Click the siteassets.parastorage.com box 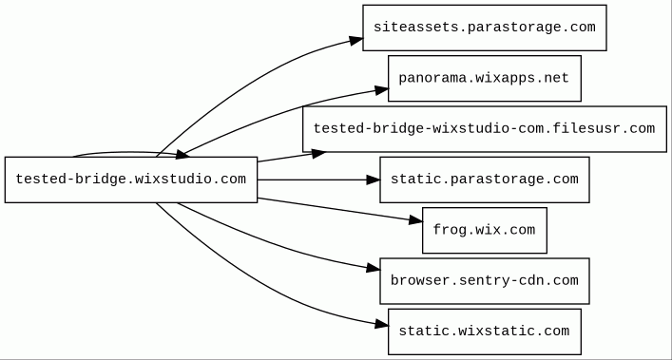pos(485,28)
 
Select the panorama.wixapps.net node pos(485,78)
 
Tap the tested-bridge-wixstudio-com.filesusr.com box pos(485,129)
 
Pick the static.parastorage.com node pos(485,180)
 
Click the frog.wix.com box pos(485,230)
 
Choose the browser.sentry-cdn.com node pos(485,281)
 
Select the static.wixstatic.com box pos(485,332)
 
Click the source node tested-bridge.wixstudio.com pos(131,180)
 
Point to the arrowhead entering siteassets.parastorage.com pos(356,40)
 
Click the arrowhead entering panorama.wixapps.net pos(381,90)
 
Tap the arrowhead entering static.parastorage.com pos(374,180)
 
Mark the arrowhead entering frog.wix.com pos(415,220)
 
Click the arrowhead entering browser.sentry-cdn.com pos(374,269)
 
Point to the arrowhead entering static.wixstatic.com pos(381,325)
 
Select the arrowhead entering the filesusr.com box pos(318,153)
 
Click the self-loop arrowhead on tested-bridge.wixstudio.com pos(182,155)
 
